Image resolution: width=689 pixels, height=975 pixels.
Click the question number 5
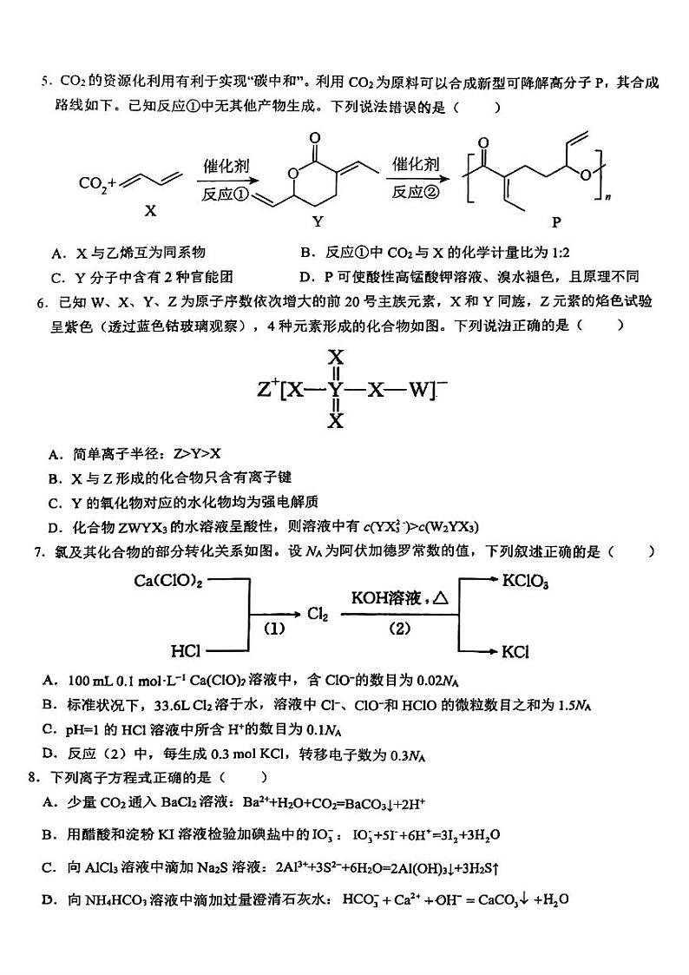[44, 83]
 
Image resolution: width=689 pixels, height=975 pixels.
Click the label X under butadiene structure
[150, 210]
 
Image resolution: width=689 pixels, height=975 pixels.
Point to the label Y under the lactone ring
[318, 221]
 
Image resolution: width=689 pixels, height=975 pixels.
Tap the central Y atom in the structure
[336, 391]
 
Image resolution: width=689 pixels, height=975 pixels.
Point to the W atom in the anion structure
[419, 391]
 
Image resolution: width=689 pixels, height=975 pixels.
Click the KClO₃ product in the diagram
[526, 582]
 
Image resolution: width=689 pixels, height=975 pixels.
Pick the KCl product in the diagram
[515, 650]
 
